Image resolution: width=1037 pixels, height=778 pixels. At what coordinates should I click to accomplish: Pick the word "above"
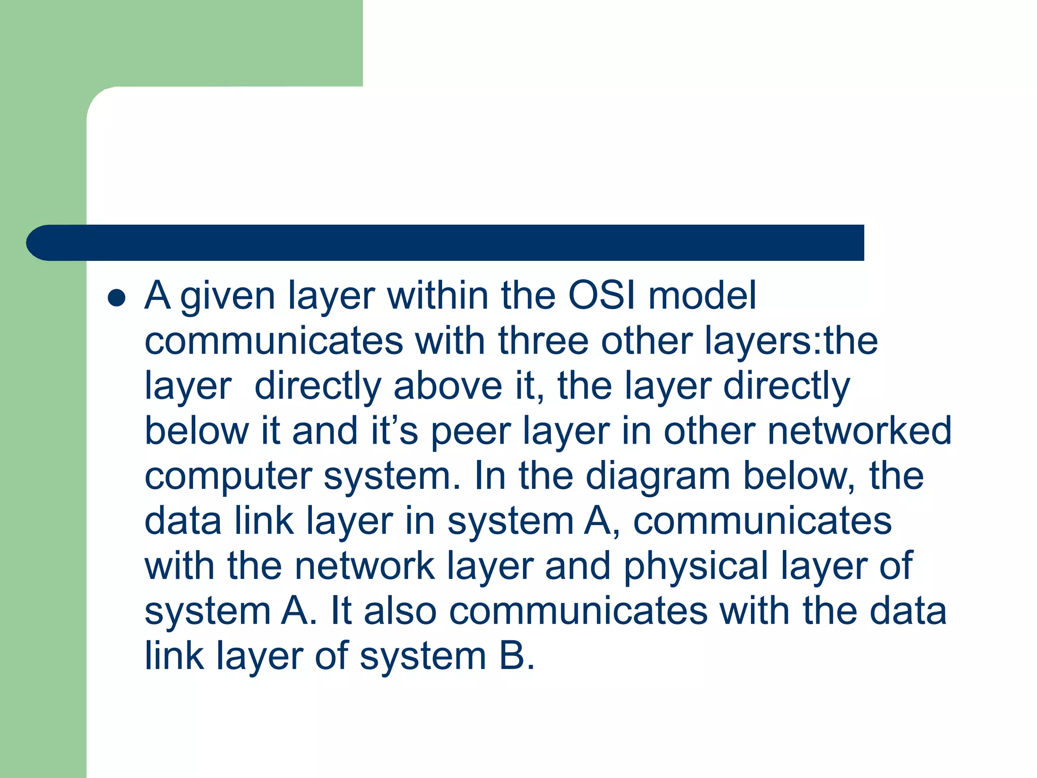point(448,385)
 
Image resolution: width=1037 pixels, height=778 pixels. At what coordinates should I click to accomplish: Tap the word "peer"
point(470,432)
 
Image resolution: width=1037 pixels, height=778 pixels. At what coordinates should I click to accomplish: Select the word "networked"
point(860,431)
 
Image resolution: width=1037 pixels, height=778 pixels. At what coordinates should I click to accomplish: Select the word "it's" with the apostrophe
point(394,431)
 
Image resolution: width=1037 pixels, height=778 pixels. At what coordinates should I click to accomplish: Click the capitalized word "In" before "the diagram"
point(490,476)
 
